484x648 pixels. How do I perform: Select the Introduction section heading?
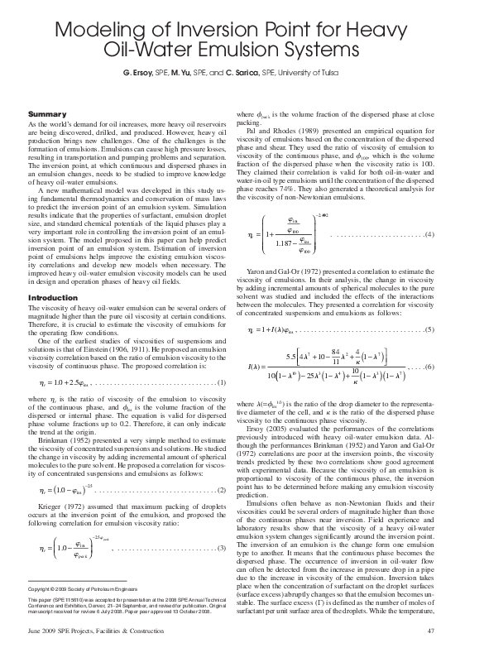pos(53,297)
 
